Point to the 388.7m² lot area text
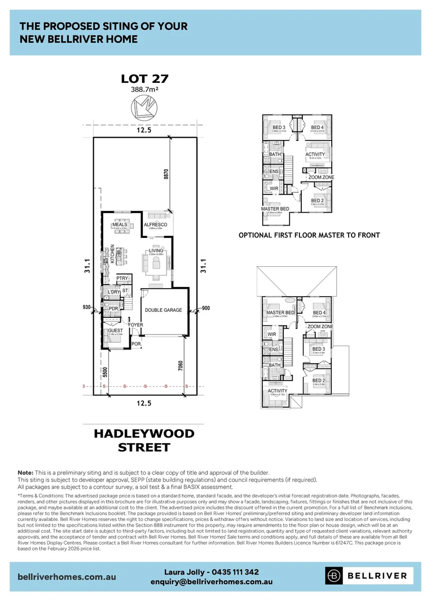click(145, 90)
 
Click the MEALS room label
click(120, 224)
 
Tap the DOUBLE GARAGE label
click(164, 310)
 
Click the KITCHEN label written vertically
click(112, 254)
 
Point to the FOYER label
click(135, 325)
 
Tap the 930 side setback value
click(86, 307)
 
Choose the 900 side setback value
click(205, 308)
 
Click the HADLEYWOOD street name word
click(144, 434)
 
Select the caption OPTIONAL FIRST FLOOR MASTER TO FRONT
click(309, 235)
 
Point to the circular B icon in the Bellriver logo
click(335, 576)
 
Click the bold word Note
click(25, 472)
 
